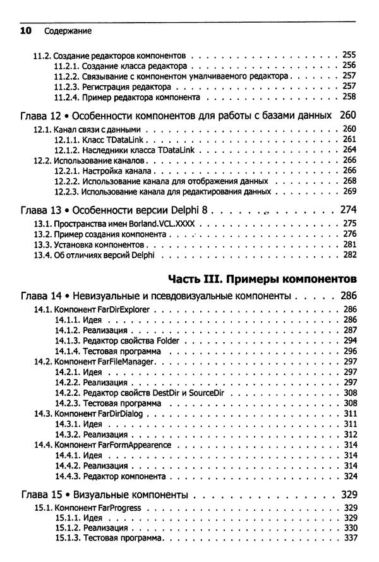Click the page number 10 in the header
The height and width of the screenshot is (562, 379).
26,30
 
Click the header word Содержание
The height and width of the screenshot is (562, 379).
68,31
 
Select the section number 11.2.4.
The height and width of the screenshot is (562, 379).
68,98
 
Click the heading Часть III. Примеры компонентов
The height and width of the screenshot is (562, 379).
262,278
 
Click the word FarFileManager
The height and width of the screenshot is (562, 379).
123,361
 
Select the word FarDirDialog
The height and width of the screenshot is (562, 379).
117,414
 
